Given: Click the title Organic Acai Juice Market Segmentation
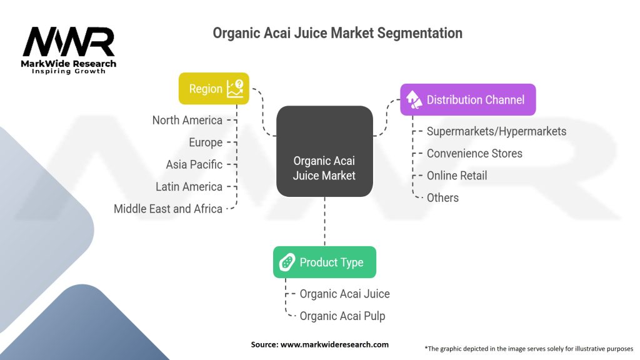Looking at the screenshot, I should pyautogui.click(x=337, y=33).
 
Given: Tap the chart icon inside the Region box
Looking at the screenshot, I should pyautogui.click(x=236, y=88).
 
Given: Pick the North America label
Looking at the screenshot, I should pyautogui.click(x=187, y=120).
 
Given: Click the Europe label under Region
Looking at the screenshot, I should pyautogui.click(x=206, y=142).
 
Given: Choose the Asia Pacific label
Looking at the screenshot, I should pyautogui.click(x=194, y=164).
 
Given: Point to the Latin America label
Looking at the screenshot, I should pyautogui.click(x=189, y=186).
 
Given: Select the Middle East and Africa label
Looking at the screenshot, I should pyautogui.click(x=168, y=209).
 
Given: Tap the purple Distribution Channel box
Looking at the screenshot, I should pyautogui.click(x=467, y=99).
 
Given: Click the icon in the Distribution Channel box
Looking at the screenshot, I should pyautogui.click(x=414, y=99).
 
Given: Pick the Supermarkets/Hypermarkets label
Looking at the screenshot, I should pyautogui.click(x=496, y=131).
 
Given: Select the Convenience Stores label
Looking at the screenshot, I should pyautogui.click(x=474, y=153).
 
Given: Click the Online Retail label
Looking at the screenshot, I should pyautogui.click(x=457, y=176).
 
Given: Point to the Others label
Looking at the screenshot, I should pyautogui.click(x=442, y=197).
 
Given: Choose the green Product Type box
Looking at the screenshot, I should pyautogui.click(x=324, y=262).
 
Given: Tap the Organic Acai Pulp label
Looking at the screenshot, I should pyautogui.click(x=342, y=316).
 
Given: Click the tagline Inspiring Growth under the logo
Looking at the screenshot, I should pyautogui.click(x=69, y=71).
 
